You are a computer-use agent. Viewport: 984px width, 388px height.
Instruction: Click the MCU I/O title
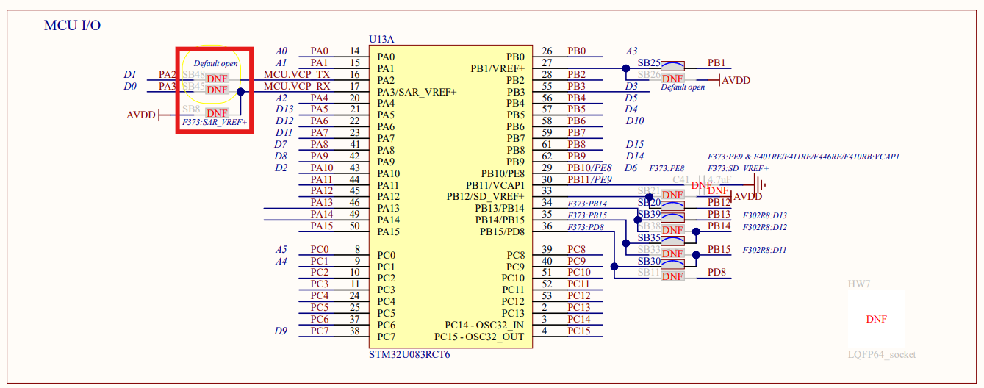pyautogui.click(x=72, y=26)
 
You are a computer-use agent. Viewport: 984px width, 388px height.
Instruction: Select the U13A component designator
pyautogui.click(x=384, y=39)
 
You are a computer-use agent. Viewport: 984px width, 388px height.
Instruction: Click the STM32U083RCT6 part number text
pyautogui.click(x=409, y=354)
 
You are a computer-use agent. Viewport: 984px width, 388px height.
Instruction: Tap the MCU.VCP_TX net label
pyautogui.click(x=297, y=74)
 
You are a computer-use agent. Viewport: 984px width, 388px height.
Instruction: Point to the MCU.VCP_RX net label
pyautogui.click(x=297, y=86)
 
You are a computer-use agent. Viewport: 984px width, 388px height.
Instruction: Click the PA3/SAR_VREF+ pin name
pyautogui.click(x=417, y=92)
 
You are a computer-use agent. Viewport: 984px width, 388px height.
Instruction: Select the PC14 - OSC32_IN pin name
pyautogui.click(x=484, y=325)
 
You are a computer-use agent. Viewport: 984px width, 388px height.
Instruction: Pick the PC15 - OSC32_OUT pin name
pyautogui.click(x=479, y=337)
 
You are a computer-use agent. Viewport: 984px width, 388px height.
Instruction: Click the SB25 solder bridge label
pyautogui.click(x=649, y=63)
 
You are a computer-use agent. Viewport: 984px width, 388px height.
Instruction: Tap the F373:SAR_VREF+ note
pyautogui.click(x=214, y=123)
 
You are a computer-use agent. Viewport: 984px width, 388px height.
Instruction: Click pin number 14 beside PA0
pyautogui.click(x=354, y=51)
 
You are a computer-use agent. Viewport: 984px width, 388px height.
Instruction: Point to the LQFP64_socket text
pyautogui.click(x=882, y=354)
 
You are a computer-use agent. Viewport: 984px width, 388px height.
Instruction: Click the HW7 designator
pyautogui.click(x=859, y=284)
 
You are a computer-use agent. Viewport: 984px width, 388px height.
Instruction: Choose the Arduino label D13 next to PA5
pyautogui.click(x=284, y=109)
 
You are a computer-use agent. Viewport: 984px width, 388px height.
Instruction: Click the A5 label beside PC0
pyautogui.click(x=281, y=249)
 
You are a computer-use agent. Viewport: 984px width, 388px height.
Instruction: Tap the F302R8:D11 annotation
pyautogui.click(x=764, y=250)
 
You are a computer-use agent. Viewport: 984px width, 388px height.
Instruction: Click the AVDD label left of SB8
pyautogui.click(x=141, y=115)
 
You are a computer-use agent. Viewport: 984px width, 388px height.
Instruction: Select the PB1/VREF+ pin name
pyautogui.click(x=498, y=68)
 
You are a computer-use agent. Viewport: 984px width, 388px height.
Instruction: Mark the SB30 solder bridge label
pyautogui.click(x=649, y=261)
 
